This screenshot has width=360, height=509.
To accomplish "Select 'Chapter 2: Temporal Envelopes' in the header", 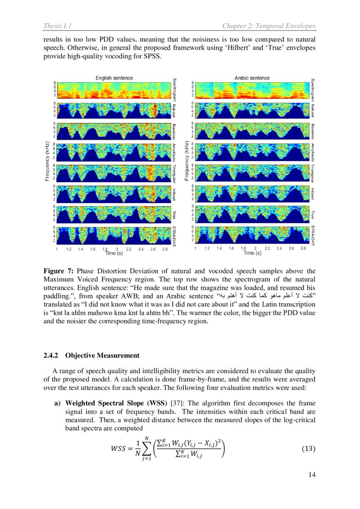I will pos(269,27).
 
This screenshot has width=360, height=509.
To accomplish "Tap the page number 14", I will pos(312,475).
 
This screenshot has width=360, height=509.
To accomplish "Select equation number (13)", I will pos(308,448).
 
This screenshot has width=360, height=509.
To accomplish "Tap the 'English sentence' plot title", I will pos(114,78).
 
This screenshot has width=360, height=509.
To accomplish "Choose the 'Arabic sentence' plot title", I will pos(252,78).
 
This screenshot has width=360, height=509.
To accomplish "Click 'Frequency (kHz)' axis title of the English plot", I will pos(47,161).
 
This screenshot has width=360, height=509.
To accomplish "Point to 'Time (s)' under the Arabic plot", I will pos(252,253).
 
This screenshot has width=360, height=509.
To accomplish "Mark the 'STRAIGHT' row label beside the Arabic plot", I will pos(313,236).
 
